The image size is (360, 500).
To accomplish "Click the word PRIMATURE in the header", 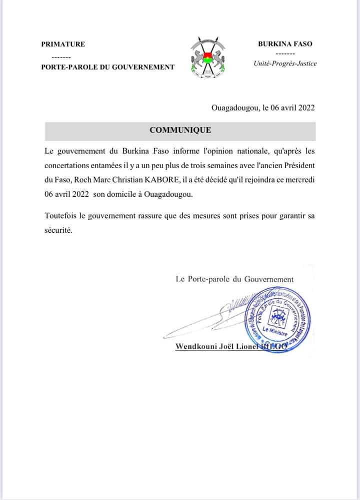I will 63,44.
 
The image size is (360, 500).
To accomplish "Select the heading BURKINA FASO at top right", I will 285,44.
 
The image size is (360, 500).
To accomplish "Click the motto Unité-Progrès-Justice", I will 285,64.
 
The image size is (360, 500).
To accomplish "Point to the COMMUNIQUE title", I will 180,131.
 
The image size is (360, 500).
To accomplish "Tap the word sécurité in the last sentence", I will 58,231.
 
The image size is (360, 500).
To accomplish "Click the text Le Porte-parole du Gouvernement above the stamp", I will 234,279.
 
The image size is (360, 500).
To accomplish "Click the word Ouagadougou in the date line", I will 235,107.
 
